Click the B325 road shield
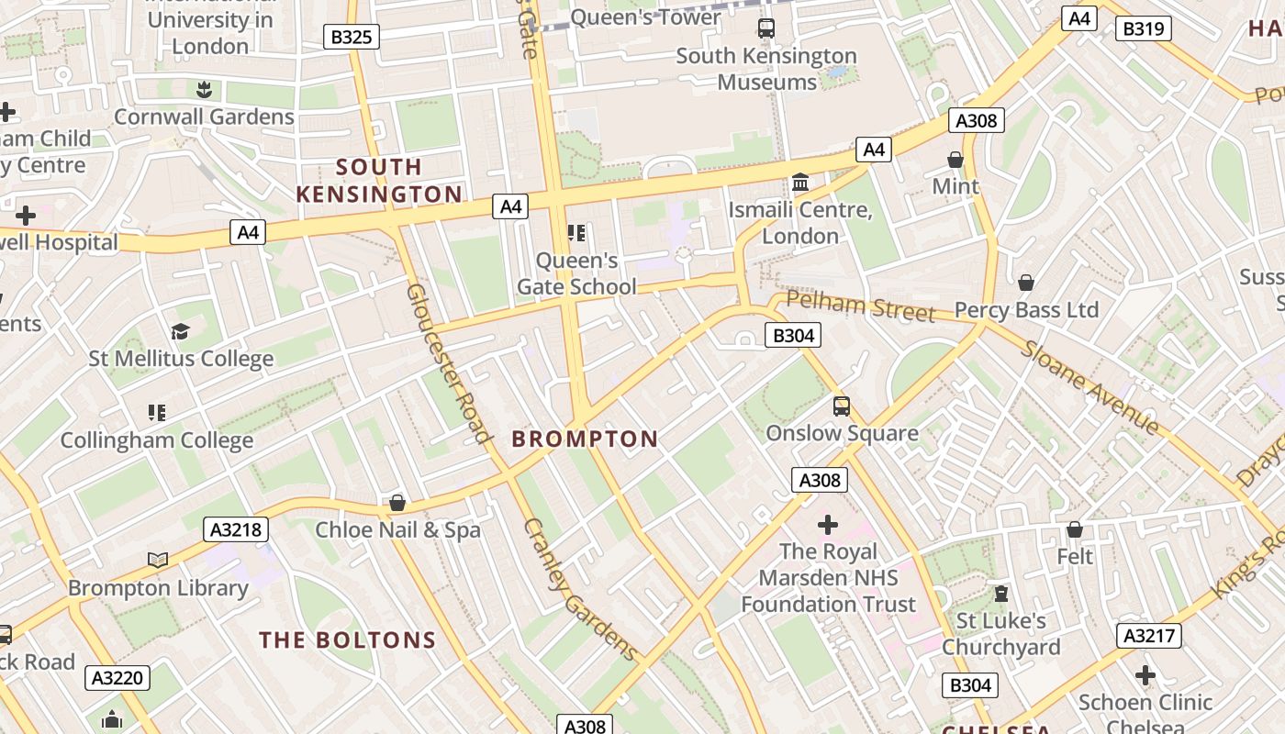point(352,37)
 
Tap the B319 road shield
point(1144,28)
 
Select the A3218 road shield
point(236,529)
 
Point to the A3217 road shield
point(1148,636)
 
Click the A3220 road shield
point(118,678)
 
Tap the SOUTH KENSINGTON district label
point(379,181)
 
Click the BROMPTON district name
point(585,439)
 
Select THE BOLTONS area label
point(347,639)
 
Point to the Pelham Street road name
point(860,306)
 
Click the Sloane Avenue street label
point(1090,387)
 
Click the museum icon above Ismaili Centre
point(800,183)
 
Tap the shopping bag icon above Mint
point(955,160)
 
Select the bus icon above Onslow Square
point(842,406)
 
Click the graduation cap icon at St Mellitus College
point(181,331)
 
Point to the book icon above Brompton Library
point(158,560)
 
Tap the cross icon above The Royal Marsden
point(828,525)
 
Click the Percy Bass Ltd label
point(1026,310)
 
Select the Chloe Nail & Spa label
point(397,530)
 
